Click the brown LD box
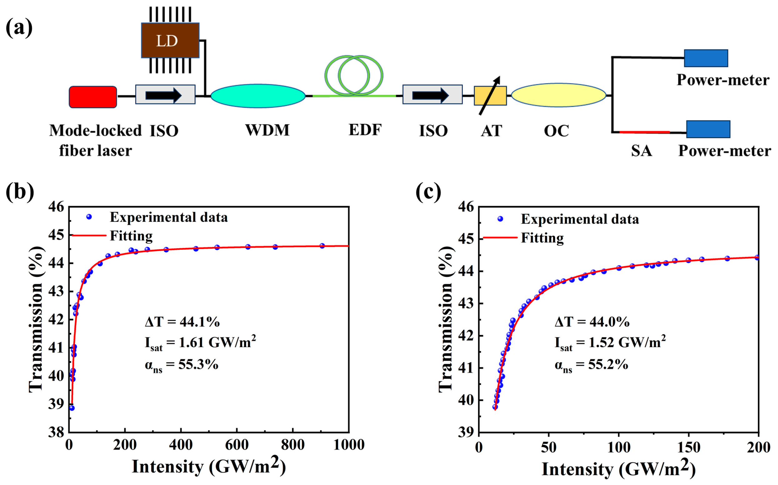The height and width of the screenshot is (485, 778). pyautogui.click(x=170, y=40)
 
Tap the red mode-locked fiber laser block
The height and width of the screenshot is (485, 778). pyautogui.click(x=93, y=97)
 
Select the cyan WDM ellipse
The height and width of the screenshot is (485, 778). pyautogui.click(x=258, y=96)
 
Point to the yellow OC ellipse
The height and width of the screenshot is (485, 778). pyautogui.click(x=558, y=95)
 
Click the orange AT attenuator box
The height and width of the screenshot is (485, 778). pyautogui.click(x=490, y=96)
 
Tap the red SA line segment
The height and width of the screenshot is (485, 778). pyautogui.click(x=644, y=132)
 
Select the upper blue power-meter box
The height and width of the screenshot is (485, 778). pyautogui.click(x=706, y=58)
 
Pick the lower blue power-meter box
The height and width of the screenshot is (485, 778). pyautogui.click(x=708, y=129)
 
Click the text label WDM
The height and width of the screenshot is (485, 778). pyautogui.click(x=267, y=130)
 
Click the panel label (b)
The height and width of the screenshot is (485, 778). pyautogui.click(x=20, y=192)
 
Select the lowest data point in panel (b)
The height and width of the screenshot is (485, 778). pyautogui.click(x=72, y=408)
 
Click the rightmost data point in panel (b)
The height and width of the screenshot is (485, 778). pyautogui.click(x=322, y=246)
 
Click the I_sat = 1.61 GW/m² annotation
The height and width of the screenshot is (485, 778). pyautogui.click(x=201, y=343)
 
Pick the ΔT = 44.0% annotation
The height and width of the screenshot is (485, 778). pyautogui.click(x=592, y=321)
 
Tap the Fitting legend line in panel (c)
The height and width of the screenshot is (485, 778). pyautogui.click(x=500, y=238)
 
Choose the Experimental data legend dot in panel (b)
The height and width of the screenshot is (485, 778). pyautogui.click(x=89, y=217)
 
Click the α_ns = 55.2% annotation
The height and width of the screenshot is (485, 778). pyautogui.click(x=591, y=365)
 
